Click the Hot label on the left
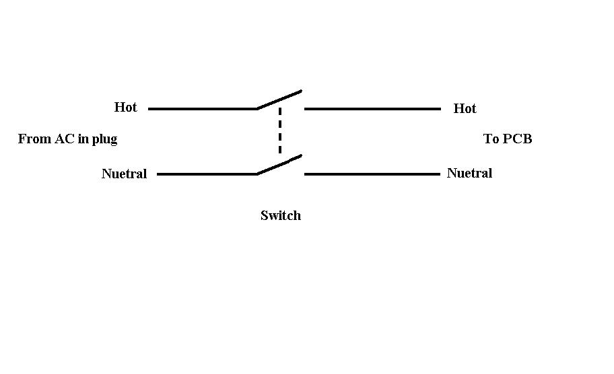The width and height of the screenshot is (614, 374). [125, 107]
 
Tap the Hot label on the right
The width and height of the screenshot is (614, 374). [465, 108]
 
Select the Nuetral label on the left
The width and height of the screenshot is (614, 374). [124, 174]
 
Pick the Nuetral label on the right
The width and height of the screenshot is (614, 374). [469, 173]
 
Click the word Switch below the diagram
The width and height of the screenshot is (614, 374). [281, 215]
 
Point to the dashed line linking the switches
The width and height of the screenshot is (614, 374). [280, 131]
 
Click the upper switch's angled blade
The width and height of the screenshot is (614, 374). [279, 99]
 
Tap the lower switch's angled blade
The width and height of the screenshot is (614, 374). [279, 165]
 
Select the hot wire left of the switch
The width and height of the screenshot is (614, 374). [202, 108]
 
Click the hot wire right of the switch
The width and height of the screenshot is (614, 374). [372, 108]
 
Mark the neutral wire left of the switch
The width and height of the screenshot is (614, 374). [207, 174]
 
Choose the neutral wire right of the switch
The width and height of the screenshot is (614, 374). [372, 174]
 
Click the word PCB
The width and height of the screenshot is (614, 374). [517, 139]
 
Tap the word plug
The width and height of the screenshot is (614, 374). [104, 139]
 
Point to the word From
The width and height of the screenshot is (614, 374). [34, 139]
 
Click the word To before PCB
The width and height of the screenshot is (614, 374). [491, 139]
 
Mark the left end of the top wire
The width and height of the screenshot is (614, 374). [150, 108]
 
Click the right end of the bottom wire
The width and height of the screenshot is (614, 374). [438, 174]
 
